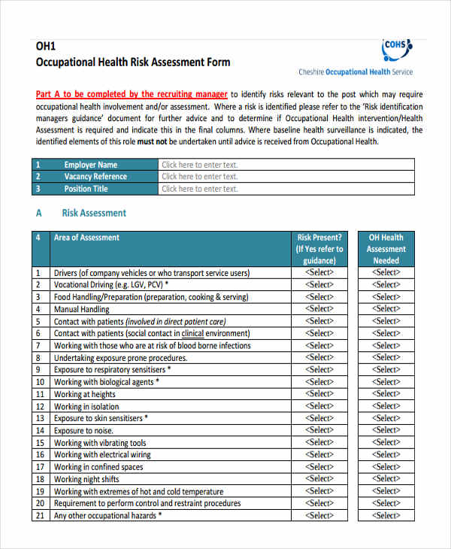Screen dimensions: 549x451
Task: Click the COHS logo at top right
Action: (x=397, y=50)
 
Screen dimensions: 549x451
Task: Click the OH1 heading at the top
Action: (x=45, y=46)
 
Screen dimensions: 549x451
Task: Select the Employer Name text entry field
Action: (x=286, y=165)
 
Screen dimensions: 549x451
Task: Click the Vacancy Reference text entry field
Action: (x=286, y=177)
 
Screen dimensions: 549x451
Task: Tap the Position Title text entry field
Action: (x=286, y=189)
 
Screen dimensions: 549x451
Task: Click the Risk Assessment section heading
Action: (x=93, y=213)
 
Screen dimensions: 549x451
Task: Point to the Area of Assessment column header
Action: (x=86, y=238)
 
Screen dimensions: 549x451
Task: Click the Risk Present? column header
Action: (x=319, y=249)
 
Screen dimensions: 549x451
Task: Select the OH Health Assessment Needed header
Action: (x=386, y=249)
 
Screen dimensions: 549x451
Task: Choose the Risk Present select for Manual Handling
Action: (x=319, y=309)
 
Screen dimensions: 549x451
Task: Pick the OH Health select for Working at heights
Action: (x=386, y=394)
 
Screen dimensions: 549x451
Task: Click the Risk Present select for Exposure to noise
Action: (x=319, y=430)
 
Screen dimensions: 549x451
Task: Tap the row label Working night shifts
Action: (x=86, y=479)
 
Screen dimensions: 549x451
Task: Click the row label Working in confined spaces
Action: (x=98, y=467)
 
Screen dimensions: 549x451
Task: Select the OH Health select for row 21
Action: (x=386, y=515)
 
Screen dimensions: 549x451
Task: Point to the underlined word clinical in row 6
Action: (x=192, y=333)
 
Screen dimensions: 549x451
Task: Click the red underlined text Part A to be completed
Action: (x=132, y=94)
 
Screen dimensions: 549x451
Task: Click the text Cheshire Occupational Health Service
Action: (x=356, y=72)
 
